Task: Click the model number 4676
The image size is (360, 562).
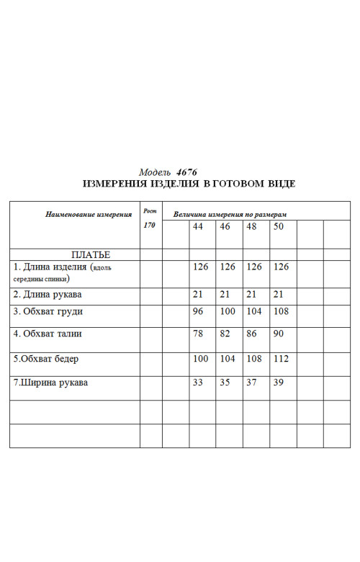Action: pyautogui.click(x=186, y=172)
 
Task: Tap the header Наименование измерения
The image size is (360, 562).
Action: pyautogui.click(x=89, y=214)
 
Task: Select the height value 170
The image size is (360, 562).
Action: pyautogui.click(x=149, y=226)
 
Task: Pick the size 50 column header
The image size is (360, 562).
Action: pyautogui.click(x=279, y=226)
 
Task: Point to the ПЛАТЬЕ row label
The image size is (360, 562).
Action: pyautogui.click(x=90, y=254)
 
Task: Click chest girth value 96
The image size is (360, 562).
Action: pyautogui.click(x=198, y=311)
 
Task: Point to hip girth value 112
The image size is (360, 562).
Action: pyautogui.click(x=281, y=359)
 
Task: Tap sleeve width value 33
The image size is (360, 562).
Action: pyautogui.click(x=198, y=383)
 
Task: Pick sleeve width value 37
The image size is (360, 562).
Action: pyautogui.click(x=251, y=383)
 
